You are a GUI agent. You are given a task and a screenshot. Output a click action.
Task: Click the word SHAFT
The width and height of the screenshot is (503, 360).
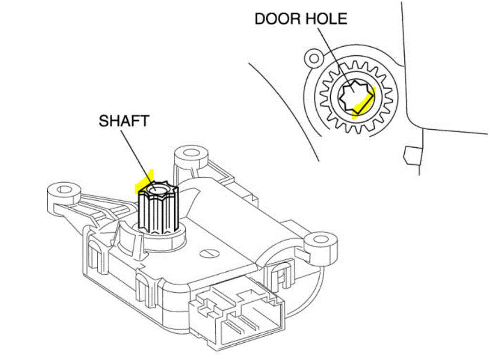point(124,120)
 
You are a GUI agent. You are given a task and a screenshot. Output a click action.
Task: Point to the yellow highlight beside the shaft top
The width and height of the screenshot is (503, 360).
point(144,182)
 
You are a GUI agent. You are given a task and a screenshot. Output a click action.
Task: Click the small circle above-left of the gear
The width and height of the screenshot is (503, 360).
point(314,58)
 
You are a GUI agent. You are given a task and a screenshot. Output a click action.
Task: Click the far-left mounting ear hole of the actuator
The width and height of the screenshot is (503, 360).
point(62,190)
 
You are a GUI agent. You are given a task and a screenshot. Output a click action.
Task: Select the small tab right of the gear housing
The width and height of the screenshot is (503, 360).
point(411,154)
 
